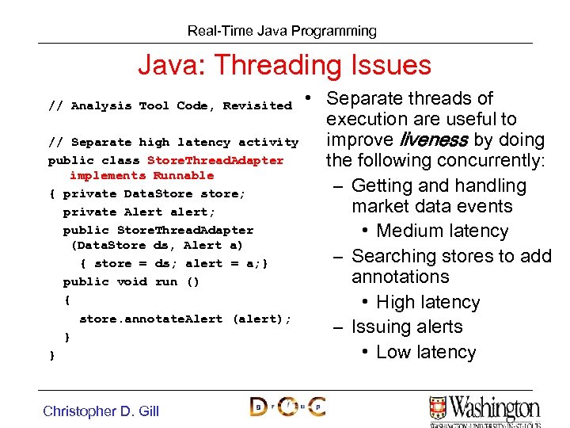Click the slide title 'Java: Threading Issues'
coord(284,65)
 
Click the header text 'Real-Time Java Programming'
coord(282,31)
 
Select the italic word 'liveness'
coord(435,140)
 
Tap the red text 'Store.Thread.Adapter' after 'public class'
coord(215,160)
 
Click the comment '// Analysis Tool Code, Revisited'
coord(170,105)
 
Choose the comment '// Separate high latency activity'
coord(173,143)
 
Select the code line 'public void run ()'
coord(131,281)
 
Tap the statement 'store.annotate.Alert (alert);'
coord(185,319)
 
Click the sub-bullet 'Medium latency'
coord(442,231)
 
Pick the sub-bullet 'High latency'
coord(427,302)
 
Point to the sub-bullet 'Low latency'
coord(426,352)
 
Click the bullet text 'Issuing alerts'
coord(407,327)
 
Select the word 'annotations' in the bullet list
coord(400,277)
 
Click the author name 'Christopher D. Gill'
coord(101,411)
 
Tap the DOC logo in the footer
coord(287,407)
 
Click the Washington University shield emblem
coord(440,409)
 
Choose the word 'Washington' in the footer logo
coord(496,407)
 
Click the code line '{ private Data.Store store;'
coord(147,193)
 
